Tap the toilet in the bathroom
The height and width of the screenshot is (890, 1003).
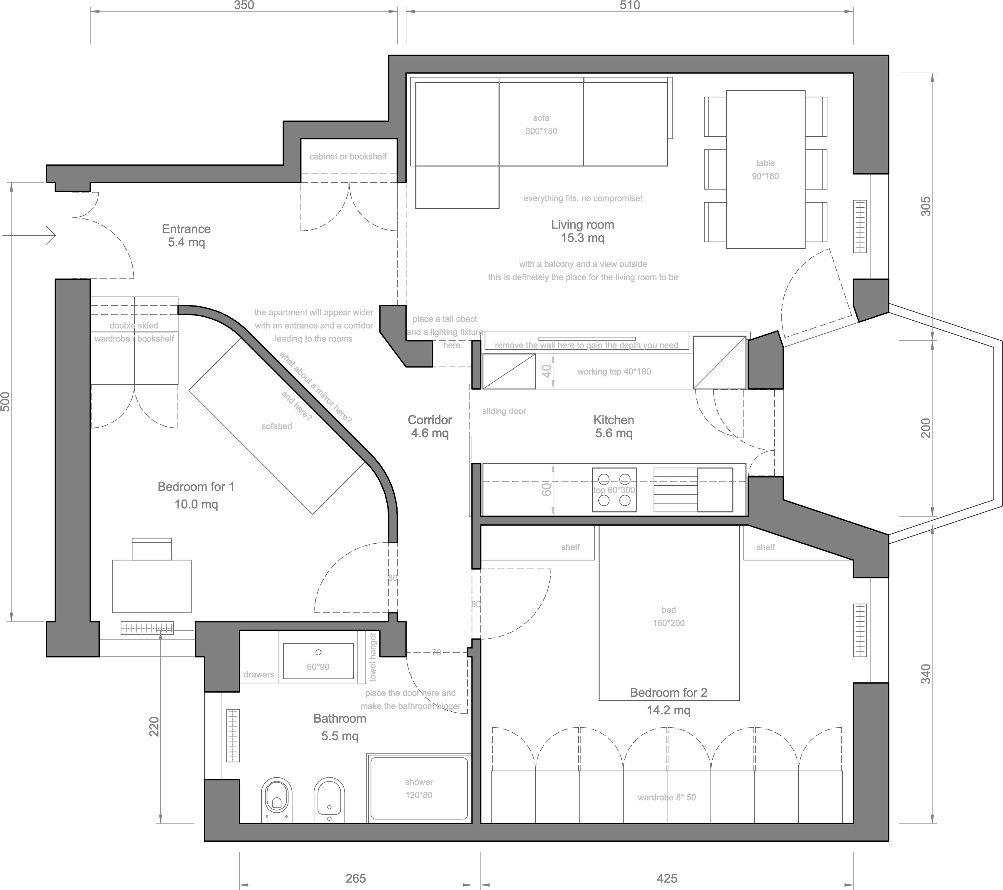pos(277,800)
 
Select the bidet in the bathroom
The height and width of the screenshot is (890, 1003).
pos(329,800)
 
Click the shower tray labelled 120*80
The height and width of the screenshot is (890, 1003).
pos(419,788)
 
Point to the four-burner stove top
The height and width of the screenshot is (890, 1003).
pos(614,490)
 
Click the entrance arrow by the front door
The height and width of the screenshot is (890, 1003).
pos(29,235)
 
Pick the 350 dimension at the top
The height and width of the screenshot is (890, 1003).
pos(244,6)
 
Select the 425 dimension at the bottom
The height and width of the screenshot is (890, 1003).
pos(667,878)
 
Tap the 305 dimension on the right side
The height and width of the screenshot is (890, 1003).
pos(925,207)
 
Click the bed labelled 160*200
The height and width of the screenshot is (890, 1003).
pos(669,613)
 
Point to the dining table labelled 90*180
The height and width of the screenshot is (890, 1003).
pos(765,169)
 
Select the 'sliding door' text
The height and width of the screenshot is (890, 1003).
pos(504,411)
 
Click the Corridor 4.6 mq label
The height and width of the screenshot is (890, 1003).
pos(430,426)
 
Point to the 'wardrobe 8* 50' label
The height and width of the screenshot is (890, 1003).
pos(667,797)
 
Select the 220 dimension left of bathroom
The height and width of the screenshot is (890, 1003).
pos(154,726)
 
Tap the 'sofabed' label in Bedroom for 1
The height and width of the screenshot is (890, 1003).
pos(277,426)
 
